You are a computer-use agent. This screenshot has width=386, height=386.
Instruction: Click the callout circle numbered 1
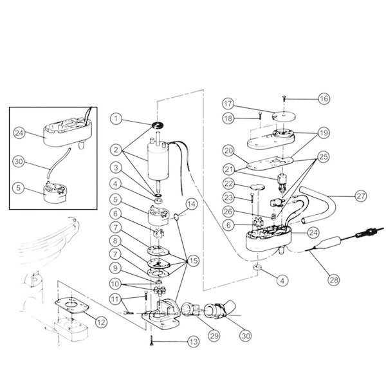(x=115, y=118)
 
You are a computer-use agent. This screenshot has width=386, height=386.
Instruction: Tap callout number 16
(x=324, y=98)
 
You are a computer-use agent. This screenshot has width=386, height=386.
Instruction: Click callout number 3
(x=115, y=168)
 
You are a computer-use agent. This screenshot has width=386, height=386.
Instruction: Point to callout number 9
(x=115, y=267)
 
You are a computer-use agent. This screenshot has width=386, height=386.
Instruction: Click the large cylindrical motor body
(x=159, y=160)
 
